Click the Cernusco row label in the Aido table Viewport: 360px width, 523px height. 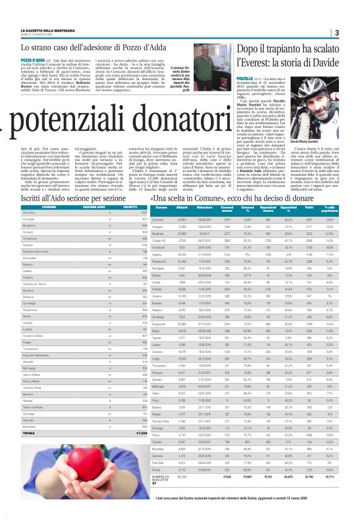(x=29, y=212)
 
